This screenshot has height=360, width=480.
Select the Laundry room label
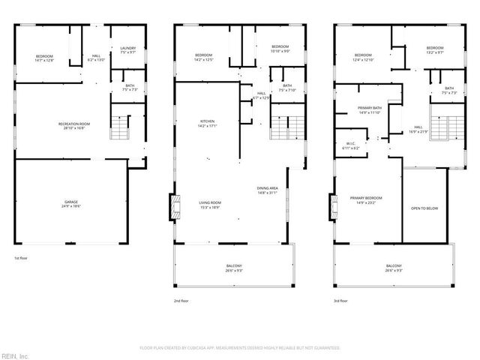coord(128,50)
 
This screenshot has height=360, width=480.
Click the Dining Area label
coord(268,190)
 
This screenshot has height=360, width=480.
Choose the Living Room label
coord(209,205)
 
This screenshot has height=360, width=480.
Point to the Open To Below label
coord(425,208)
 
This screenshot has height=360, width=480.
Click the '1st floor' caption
coord(21,259)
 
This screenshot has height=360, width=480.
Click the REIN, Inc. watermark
coord(16,355)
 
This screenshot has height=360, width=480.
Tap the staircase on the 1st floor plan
coord(121,128)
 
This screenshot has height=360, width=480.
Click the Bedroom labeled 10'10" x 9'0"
coord(280,49)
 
